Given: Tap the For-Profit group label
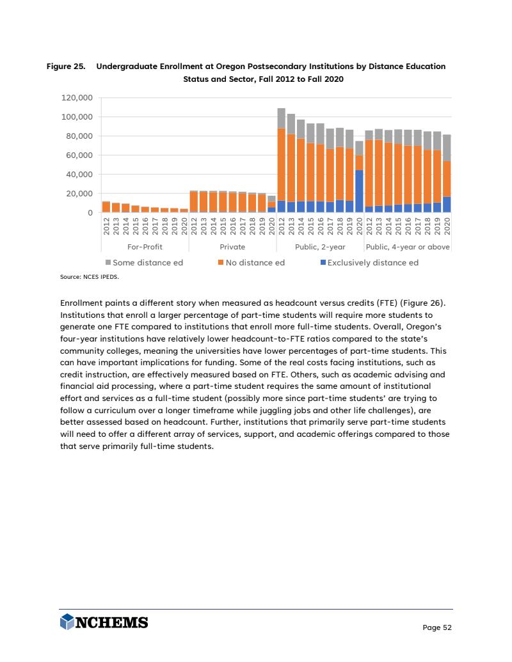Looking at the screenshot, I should point(145,246).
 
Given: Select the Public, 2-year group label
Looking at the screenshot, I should point(320,246).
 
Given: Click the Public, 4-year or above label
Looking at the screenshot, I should point(408,246).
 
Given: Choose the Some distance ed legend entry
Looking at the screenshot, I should point(144,262).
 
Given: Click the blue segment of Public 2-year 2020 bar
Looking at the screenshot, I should point(360,191).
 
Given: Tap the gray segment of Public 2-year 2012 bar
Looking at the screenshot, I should point(282,118).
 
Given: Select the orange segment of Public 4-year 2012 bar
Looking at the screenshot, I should point(369,173).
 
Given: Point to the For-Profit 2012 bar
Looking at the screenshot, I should point(106,207).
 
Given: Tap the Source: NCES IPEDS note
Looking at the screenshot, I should point(89,278).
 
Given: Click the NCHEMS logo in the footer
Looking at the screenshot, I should point(104,622).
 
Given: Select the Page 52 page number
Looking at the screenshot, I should point(437,627).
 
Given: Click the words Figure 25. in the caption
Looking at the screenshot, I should point(66,67).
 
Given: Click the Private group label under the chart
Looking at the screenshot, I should point(232,246).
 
